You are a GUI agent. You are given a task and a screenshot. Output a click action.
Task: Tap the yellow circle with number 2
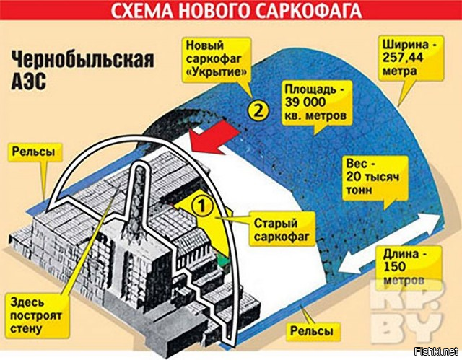point(258,110)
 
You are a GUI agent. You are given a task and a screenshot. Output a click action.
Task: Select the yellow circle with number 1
point(202,206)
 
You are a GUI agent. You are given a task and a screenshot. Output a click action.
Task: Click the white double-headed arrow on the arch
point(388,244)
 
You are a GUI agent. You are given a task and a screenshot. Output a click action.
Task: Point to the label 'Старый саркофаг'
point(281,229)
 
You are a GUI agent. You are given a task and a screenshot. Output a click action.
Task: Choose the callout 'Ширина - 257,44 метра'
point(411,58)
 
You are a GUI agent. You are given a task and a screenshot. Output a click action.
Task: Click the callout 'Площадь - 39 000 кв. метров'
point(315,102)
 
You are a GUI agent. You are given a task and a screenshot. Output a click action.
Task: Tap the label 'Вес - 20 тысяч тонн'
point(374,177)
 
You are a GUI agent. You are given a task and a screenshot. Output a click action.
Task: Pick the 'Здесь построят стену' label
point(36,315)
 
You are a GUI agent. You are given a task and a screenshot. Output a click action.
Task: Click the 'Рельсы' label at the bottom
point(311,331)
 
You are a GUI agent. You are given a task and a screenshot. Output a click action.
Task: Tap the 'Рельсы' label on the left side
point(33,152)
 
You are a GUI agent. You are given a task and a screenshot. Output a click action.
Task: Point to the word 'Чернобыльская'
point(82,61)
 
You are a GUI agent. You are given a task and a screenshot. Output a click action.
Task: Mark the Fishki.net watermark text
point(436,351)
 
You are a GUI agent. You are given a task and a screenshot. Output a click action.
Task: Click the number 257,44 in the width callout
point(403,58)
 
